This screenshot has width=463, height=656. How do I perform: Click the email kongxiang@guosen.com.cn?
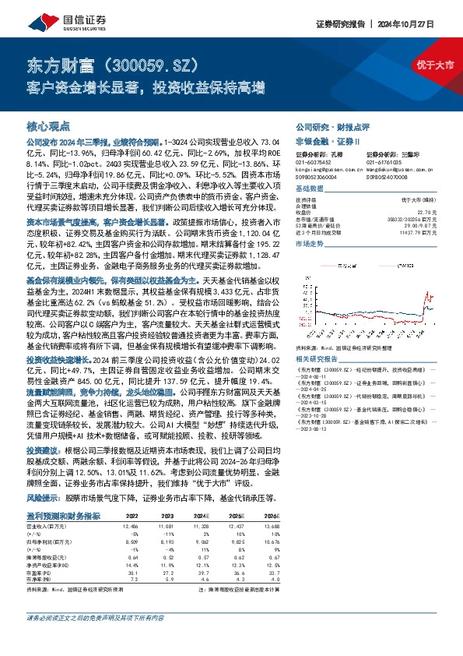coord(321,168)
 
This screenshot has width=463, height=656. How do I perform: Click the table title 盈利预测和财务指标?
coord(63,495)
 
